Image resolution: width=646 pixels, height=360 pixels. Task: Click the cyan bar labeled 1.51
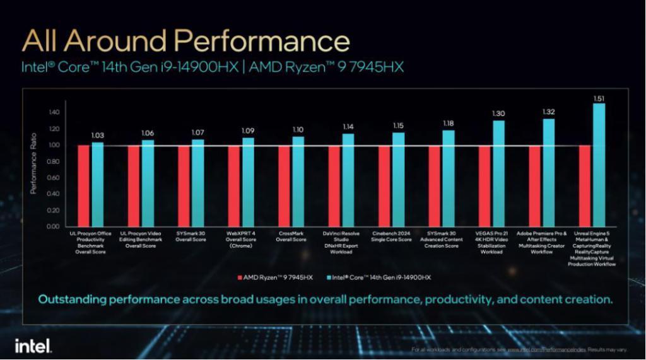pos(599,164)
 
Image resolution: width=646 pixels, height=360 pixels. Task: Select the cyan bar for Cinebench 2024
pos(399,179)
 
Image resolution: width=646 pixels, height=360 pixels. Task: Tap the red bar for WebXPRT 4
pos(234,185)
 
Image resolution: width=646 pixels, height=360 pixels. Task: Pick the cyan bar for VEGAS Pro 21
pos(498,173)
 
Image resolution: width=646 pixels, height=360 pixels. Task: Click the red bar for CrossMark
pos(284,185)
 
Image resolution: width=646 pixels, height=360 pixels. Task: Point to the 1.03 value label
pos(97,136)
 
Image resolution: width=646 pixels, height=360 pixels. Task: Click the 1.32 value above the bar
pos(549,112)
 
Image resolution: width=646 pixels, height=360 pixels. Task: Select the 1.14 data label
pos(348,127)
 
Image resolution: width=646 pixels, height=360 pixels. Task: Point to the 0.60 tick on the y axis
pos(52,177)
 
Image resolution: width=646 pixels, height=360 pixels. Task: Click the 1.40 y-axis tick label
pos(52,112)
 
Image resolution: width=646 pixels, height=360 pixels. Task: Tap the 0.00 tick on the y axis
pos(52,226)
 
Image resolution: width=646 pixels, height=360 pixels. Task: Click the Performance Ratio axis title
pos(33,164)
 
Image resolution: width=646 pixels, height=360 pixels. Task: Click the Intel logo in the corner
pos(33,345)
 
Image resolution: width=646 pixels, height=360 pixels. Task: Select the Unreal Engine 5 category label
pos(591,249)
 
